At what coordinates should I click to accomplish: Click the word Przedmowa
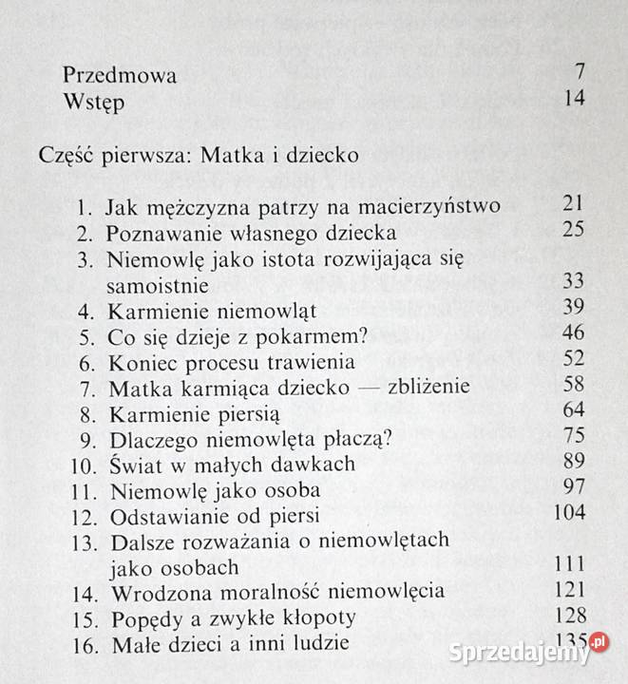(120, 76)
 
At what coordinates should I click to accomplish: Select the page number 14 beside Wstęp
(574, 98)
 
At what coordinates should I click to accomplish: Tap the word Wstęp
(92, 100)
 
